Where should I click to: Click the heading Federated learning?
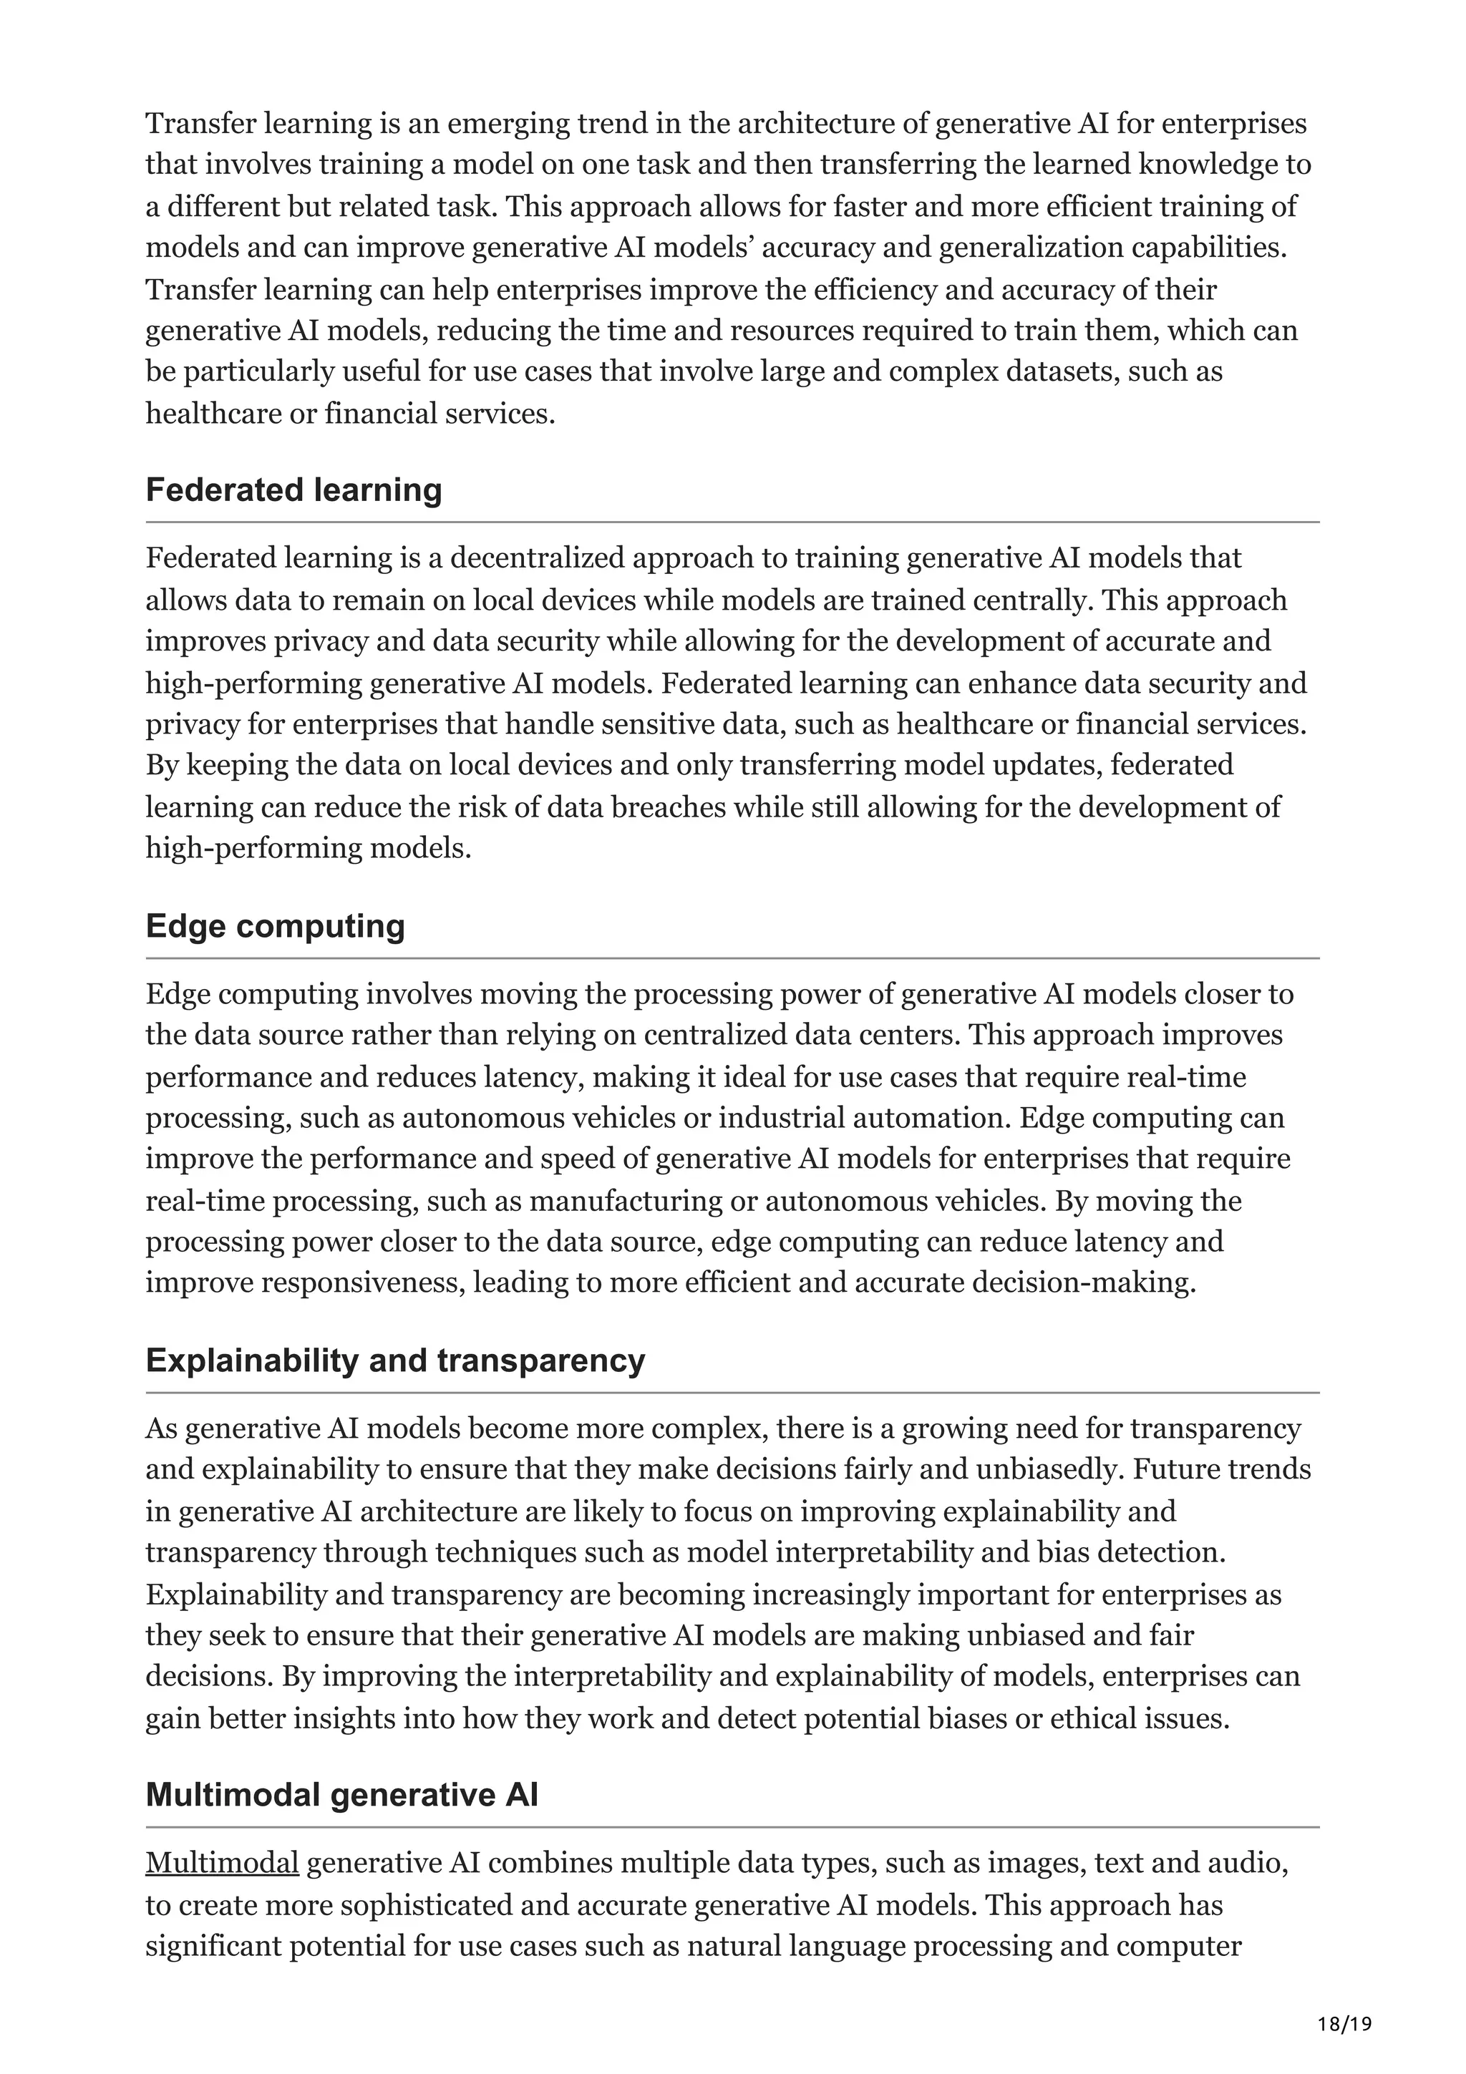pyautogui.click(x=293, y=490)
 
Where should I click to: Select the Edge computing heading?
pyautogui.click(x=275, y=926)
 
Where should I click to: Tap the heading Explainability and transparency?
pyautogui.click(x=394, y=1360)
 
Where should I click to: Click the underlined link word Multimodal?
pyautogui.click(x=221, y=1863)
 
